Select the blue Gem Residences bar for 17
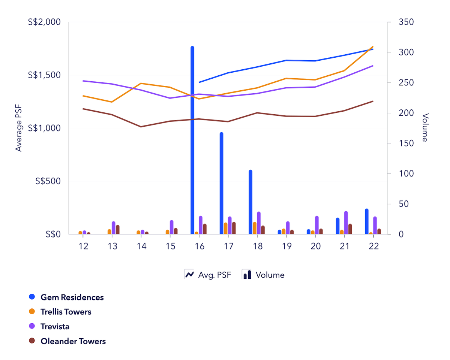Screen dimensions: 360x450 [222, 183]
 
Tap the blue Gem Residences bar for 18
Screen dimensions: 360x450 [250, 202]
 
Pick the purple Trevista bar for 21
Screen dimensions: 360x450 [346, 223]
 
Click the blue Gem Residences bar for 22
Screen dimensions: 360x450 [367, 221]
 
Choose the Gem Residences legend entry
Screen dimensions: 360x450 [72, 297]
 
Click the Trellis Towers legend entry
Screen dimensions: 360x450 [66, 312]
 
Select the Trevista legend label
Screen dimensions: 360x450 [55, 327]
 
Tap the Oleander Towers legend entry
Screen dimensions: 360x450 [73, 341]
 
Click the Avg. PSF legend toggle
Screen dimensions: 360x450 [208, 275]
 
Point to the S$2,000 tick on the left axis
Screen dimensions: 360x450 [45, 22]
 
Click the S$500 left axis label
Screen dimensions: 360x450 [48, 181]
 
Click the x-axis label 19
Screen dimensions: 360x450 [286, 246]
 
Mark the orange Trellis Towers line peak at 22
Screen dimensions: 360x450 [373, 47]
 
